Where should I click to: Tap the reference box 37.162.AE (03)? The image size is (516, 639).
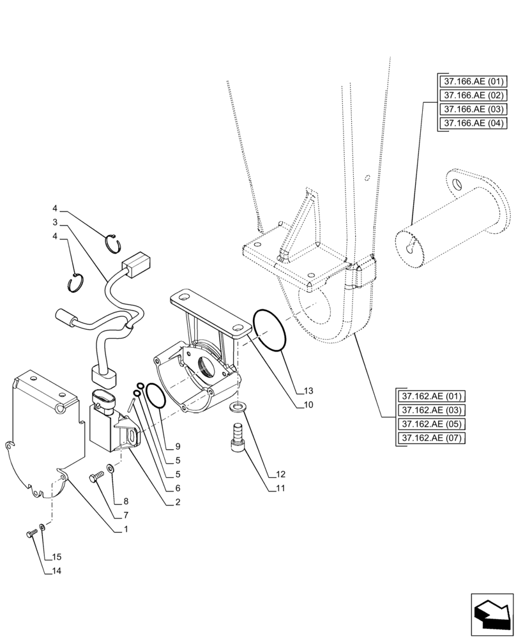pyautogui.click(x=431, y=410)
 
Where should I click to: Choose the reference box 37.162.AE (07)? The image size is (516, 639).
pyautogui.click(x=431, y=438)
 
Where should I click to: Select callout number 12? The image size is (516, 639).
pyautogui.click(x=281, y=475)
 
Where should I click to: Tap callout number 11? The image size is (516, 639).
pyautogui.click(x=281, y=488)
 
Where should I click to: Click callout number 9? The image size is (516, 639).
pyautogui.click(x=177, y=445)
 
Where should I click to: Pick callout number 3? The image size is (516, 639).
pyautogui.click(x=56, y=222)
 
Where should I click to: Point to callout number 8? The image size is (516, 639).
pyautogui.click(x=125, y=502)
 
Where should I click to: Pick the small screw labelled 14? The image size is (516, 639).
pyautogui.click(x=30, y=534)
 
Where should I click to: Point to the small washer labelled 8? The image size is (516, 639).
pyautogui.click(x=111, y=469)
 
